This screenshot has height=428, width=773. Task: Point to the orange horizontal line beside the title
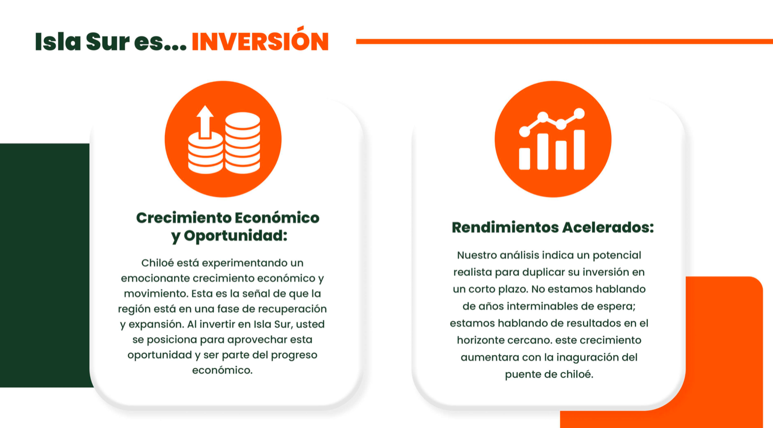pos(564,41)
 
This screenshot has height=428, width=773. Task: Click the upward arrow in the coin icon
pos(205,122)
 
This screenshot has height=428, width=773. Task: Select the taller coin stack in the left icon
pos(242,143)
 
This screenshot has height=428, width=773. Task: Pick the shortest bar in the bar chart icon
pos(525,159)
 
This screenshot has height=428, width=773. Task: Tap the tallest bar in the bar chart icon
pos(579,150)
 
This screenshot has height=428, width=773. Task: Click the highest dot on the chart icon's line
pos(579,113)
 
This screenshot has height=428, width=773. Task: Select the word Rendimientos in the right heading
pos(505,227)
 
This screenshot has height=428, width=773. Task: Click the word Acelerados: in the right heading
pos(608,227)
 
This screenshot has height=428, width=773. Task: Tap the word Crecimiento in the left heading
pos(183,218)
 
